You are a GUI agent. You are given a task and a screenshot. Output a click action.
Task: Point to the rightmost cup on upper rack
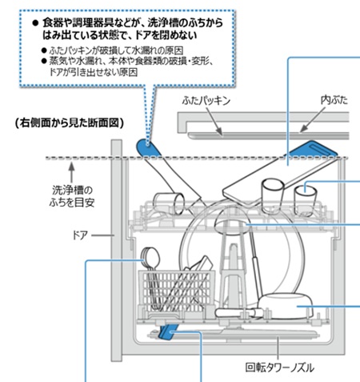pyautogui.click(x=305, y=196)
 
